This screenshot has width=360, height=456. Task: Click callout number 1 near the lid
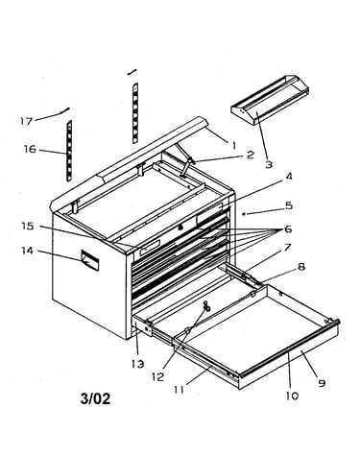234,146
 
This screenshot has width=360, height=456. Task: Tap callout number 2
251,155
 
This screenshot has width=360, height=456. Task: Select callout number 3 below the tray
269,164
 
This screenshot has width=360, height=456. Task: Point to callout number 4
288,176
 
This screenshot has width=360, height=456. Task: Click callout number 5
289,205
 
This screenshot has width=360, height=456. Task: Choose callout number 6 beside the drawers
288,229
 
